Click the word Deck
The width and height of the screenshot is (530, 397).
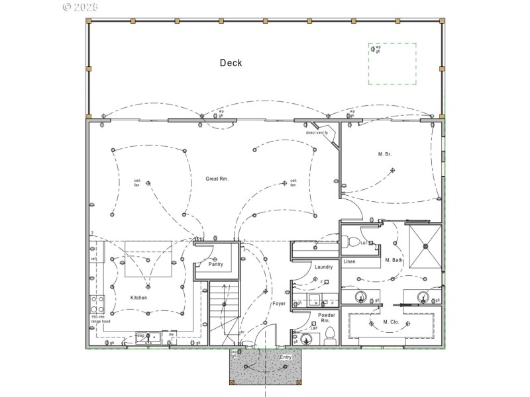(231, 64)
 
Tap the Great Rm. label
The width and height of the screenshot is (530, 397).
(217, 179)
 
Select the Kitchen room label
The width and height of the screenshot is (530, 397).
(138, 298)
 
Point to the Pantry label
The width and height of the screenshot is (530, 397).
(216, 265)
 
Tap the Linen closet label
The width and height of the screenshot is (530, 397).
(349, 261)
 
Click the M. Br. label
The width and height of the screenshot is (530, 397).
(384, 154)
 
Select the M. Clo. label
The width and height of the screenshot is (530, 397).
(390, 322)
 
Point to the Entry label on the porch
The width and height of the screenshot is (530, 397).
(286, 357)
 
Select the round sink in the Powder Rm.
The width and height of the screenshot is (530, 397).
(305, 340)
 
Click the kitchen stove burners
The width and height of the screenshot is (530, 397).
(97, 304)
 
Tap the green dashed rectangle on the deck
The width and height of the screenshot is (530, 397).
(392, 64)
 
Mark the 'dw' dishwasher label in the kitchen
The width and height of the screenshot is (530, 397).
(171, 335)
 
